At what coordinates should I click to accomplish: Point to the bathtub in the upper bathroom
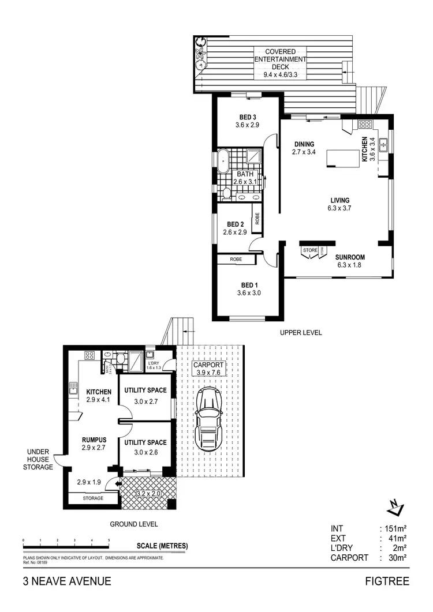point(222,162)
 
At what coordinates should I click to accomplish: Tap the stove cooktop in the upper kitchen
point(364,124)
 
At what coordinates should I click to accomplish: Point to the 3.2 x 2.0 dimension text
point(149,494)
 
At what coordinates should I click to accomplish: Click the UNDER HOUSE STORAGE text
point(39,460)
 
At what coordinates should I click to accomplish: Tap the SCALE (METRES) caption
point(162,546)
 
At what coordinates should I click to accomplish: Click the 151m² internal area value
point(397,528)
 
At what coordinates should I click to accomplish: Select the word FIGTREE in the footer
point(387,581)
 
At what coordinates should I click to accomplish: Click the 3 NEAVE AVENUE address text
point(67,581)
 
